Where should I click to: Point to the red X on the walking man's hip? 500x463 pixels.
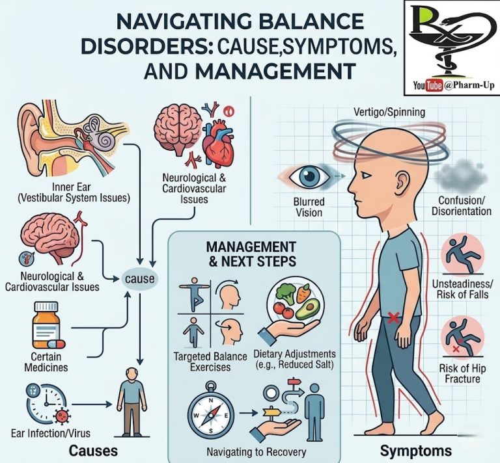393,318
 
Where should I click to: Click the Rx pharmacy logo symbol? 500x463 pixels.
451,39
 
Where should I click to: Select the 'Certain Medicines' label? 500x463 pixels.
46,363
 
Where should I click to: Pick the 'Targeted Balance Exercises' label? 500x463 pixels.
210,362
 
